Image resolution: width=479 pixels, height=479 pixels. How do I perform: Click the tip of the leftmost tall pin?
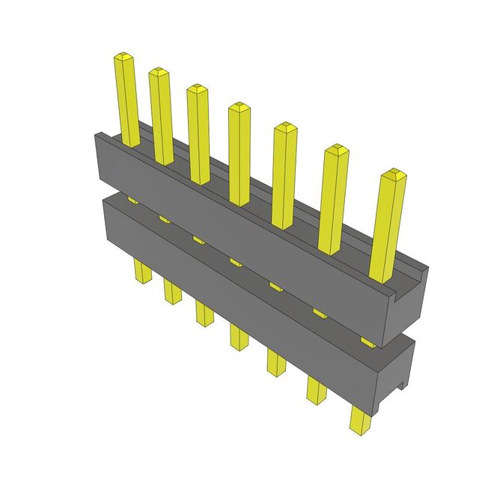[x=123, y=57]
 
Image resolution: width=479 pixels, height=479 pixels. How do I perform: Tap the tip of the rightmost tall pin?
[x=393, y=176]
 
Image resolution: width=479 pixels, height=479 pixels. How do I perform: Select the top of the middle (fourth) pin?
[x=239, y=107]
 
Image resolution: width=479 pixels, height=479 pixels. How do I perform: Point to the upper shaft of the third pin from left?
[x=199, y=135]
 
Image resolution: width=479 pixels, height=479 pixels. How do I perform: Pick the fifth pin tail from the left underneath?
[x=275, y=362]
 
